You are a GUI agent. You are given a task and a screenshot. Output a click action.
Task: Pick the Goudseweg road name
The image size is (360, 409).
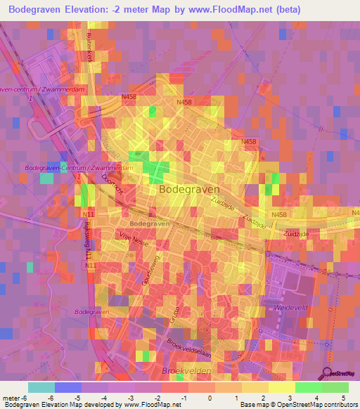pyautogui.click(x=148, y=266)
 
